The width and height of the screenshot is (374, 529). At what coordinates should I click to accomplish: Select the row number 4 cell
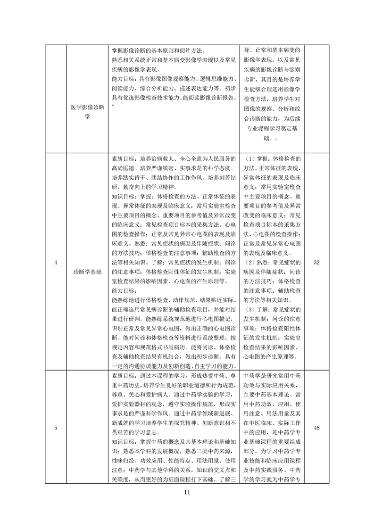click(x=56, y=263)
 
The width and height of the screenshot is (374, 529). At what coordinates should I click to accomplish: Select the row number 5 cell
click(x=56, y=428)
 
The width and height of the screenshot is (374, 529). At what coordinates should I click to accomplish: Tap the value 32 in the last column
click(x=316, y=263)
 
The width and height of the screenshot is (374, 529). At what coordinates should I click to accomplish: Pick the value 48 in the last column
click(x=316, y=428)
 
